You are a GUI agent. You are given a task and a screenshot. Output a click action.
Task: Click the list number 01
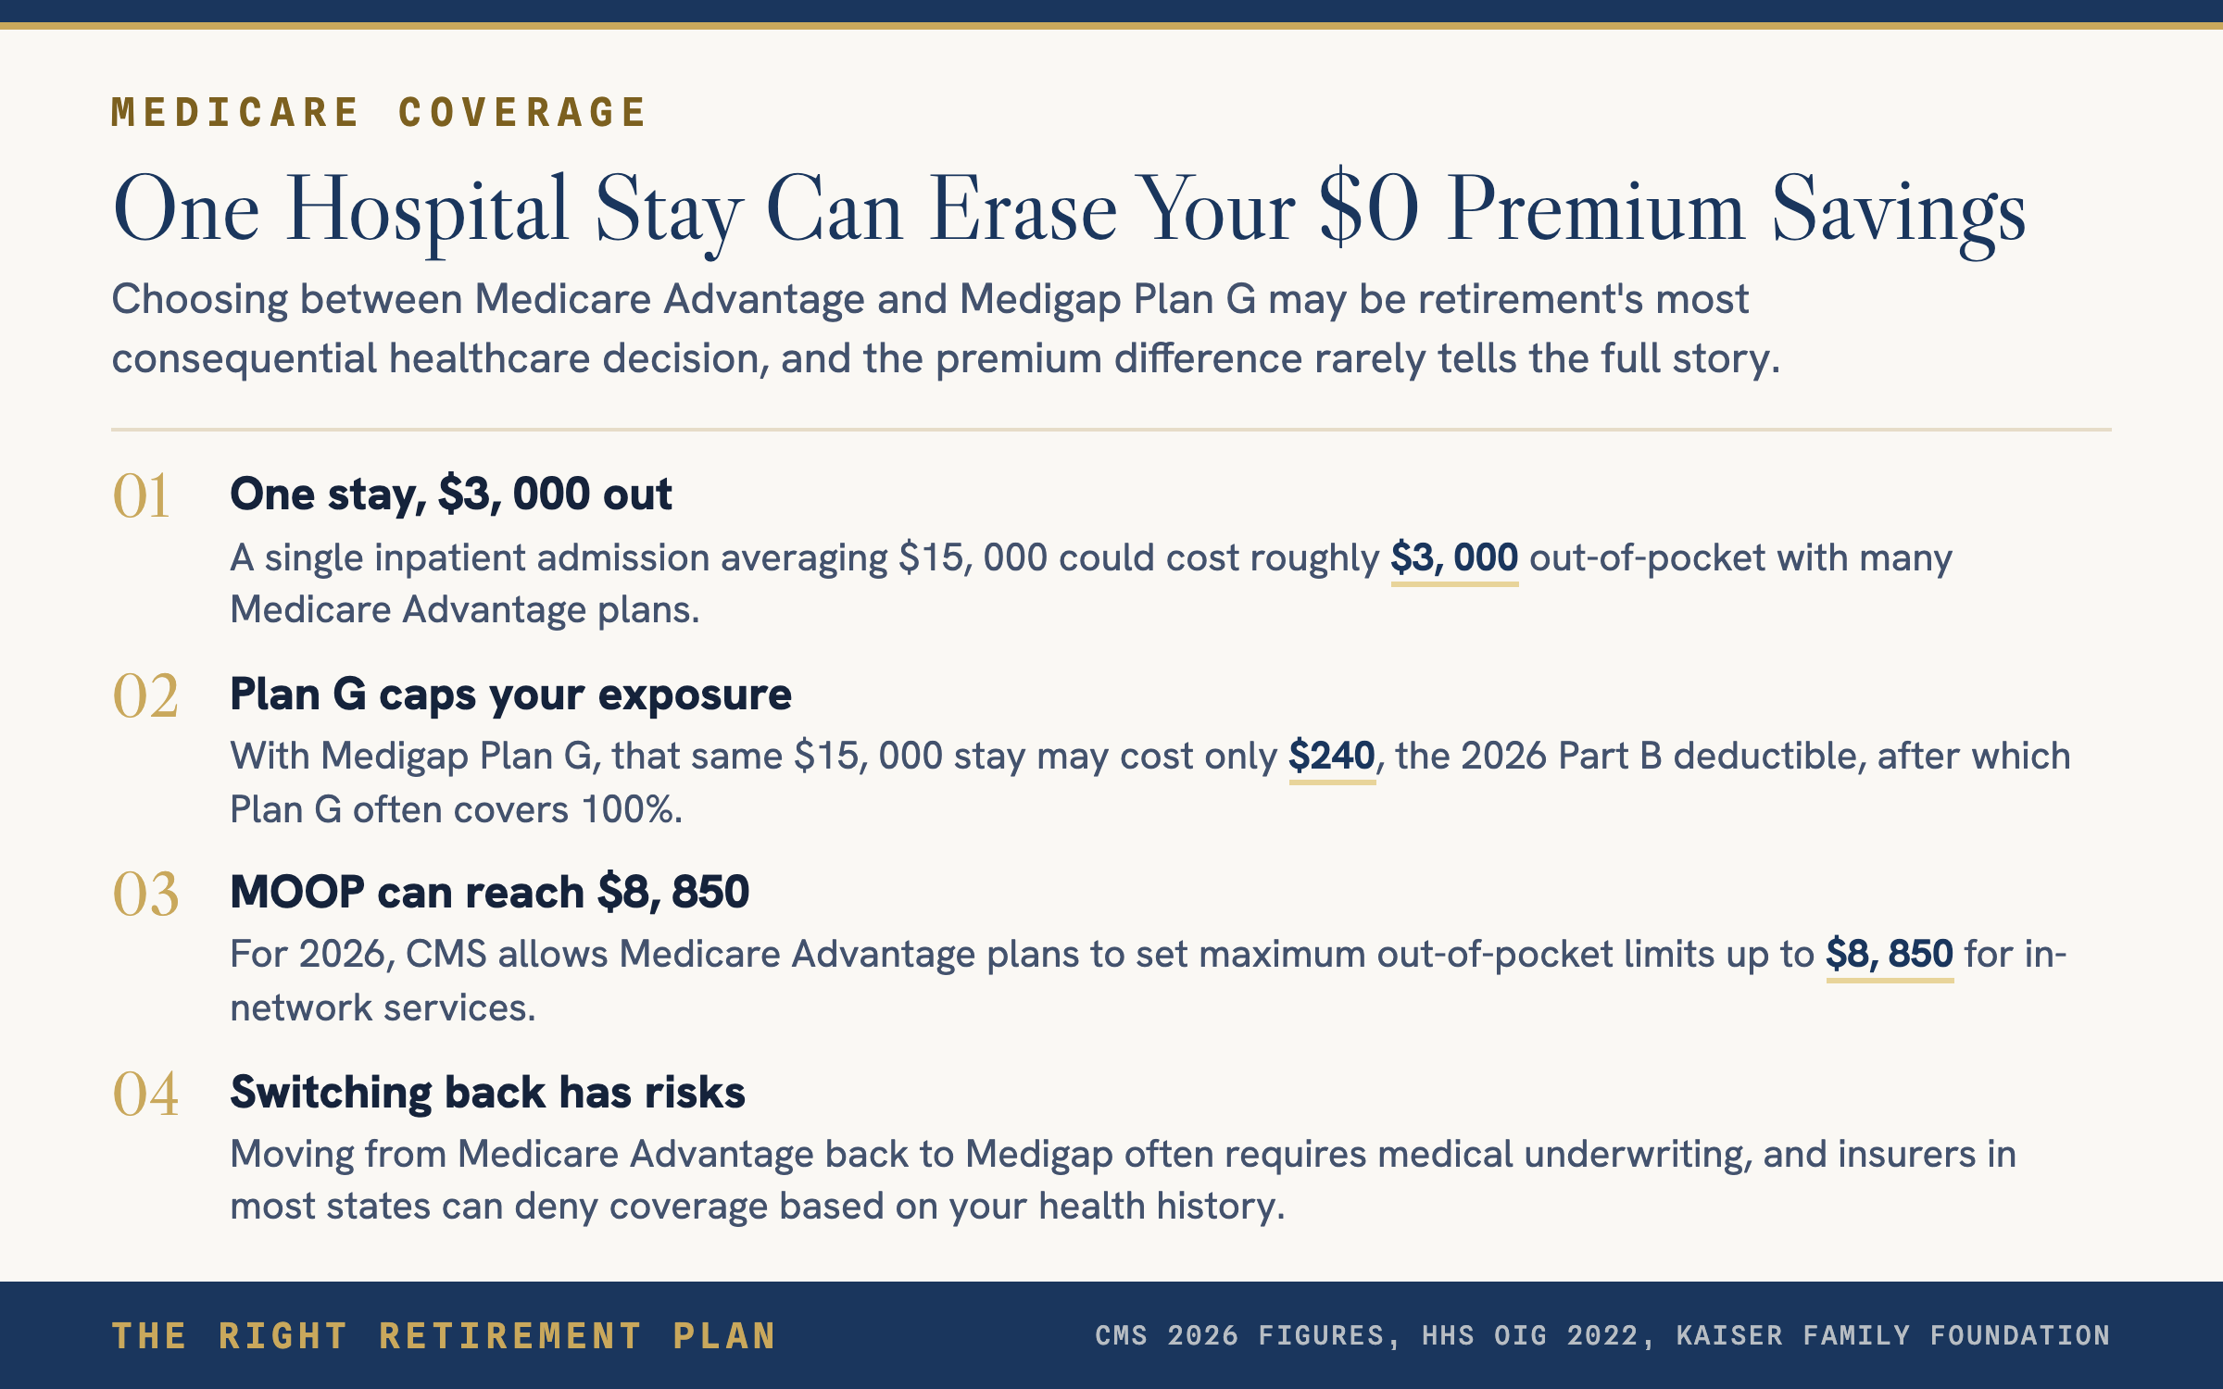tap(141, 495)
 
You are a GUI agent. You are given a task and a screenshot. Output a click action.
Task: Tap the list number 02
tap(145, 695)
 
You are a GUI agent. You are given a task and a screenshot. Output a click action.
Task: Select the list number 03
tap(145, 895)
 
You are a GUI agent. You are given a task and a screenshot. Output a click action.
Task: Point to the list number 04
tap(145, 1094)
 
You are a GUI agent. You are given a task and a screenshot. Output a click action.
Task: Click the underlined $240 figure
tap(1332, 757)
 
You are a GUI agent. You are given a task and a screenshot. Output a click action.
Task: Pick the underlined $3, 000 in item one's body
tap(1454, 558)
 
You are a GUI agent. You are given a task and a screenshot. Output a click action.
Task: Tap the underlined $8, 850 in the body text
tap(1890, 955)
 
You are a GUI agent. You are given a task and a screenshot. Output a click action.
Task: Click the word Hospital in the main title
tap(427, 211)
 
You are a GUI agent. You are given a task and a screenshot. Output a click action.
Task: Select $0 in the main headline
tap(1369, 208)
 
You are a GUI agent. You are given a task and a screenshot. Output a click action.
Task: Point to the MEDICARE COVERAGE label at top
tap(379, 112)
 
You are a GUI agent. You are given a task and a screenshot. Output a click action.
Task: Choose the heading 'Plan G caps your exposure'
tap(510, 694)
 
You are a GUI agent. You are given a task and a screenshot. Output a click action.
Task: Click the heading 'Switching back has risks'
tap(487, 1092)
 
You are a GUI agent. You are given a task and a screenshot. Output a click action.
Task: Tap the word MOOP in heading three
tap(297, 893)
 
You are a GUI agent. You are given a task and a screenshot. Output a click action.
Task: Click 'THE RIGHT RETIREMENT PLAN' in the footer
tap(444, 1335)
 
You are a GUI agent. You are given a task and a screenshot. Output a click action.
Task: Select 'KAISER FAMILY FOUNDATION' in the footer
tap(1893, 1335)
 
